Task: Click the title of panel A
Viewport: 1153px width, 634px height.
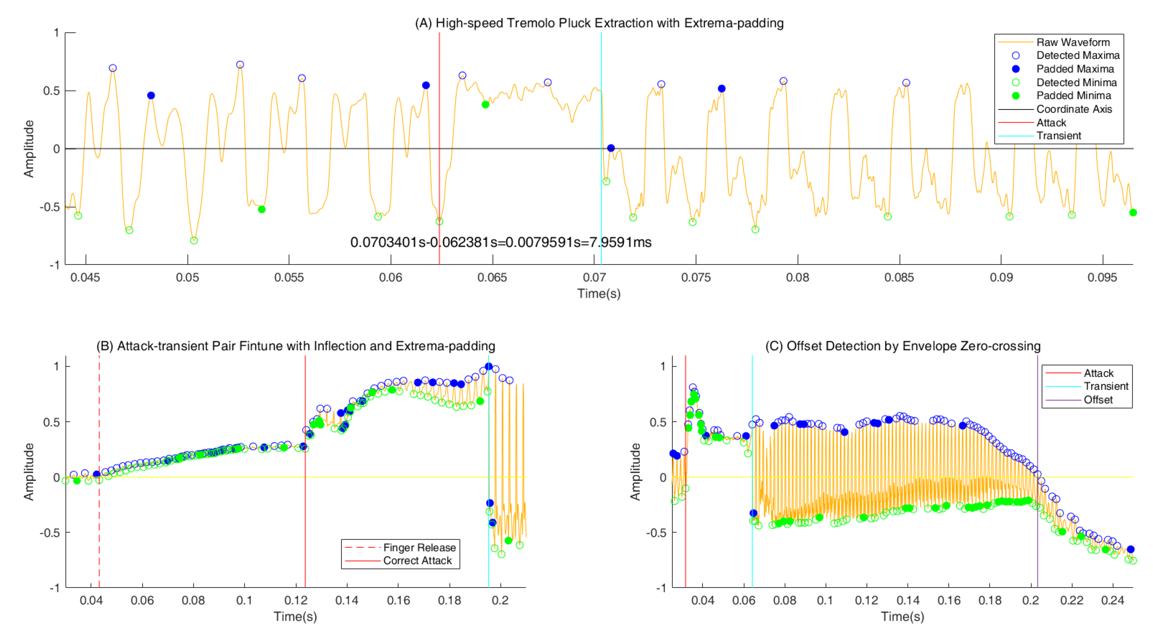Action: coord(599,23)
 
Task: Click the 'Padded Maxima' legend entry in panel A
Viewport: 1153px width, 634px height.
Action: coord(1075,69)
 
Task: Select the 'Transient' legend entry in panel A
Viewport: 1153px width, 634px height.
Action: coord(1059,135)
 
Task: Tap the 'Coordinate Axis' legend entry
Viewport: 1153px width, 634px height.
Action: coord(1074,109)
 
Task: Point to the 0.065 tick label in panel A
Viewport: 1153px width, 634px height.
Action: coord(492,277)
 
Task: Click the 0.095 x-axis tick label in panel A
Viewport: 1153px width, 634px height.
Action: coord(1102,277)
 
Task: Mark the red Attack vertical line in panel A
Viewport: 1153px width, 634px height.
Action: coord(439,179)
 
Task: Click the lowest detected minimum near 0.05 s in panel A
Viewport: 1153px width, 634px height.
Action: coord(194,241)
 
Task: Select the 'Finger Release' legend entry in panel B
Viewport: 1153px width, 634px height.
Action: coord(419,548)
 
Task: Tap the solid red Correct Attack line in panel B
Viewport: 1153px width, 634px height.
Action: coord(305,514)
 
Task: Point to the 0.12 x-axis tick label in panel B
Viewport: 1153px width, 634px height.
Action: coord(296,600)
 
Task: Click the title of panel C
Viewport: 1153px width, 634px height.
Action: coord(902,346)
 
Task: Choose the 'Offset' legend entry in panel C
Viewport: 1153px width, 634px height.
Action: coord(1098,399)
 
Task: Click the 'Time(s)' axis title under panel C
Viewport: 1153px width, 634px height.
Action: coord(902,616)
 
